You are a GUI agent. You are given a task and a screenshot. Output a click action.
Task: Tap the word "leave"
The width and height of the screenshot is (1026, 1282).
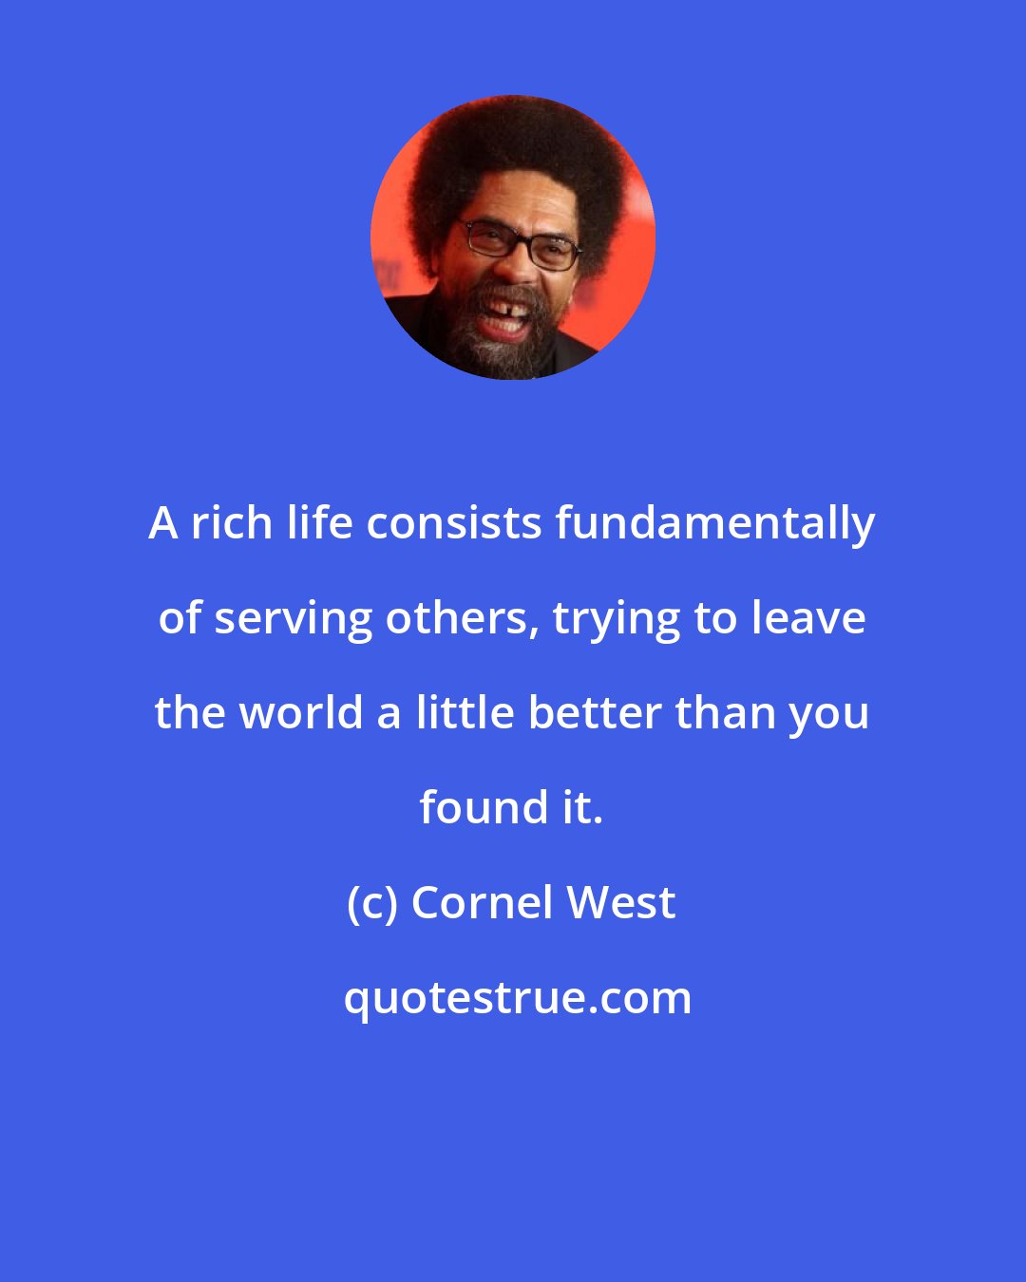pyautogui.click(x=808, y=618)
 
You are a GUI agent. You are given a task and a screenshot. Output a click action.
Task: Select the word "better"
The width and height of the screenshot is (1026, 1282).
pyautogui.click(x=594, y=713)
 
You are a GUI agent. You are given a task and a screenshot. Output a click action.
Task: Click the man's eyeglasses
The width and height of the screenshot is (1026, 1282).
pyautogui.click(x=520, y=243)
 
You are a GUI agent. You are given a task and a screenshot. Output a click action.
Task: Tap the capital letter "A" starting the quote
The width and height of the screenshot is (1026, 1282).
pyautogui.click(x=163, y=523)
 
